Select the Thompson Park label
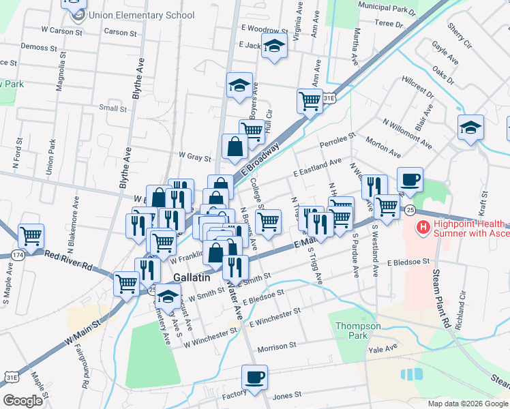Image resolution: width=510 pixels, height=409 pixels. (x=358, y=331)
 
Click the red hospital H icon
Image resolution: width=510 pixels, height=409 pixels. (x=423, y=227)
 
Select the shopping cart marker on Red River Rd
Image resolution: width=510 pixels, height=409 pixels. (x=31, y=236)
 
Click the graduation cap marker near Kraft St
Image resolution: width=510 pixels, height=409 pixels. (x=470, y=127)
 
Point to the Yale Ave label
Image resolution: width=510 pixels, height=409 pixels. (x=382, y=348)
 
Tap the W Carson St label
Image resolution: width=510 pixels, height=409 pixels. (x=61, y=31)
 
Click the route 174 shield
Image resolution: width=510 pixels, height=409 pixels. (x=18, y=254)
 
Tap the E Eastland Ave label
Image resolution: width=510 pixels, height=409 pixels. (x=317, y=167)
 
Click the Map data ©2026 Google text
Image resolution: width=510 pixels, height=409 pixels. (x=467, y=404)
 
